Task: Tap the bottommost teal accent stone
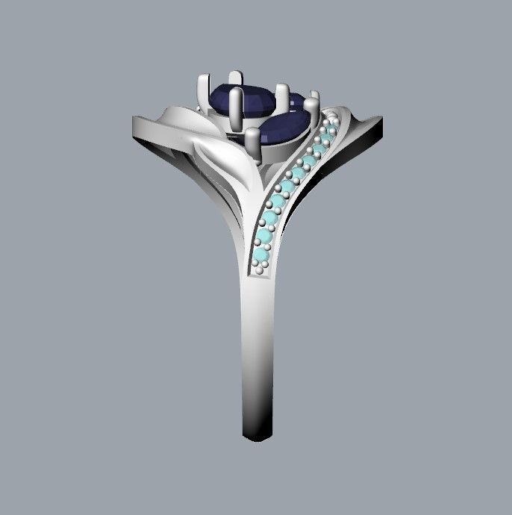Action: (x=260, y=256)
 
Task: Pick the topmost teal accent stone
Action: (x=327, y=131)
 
